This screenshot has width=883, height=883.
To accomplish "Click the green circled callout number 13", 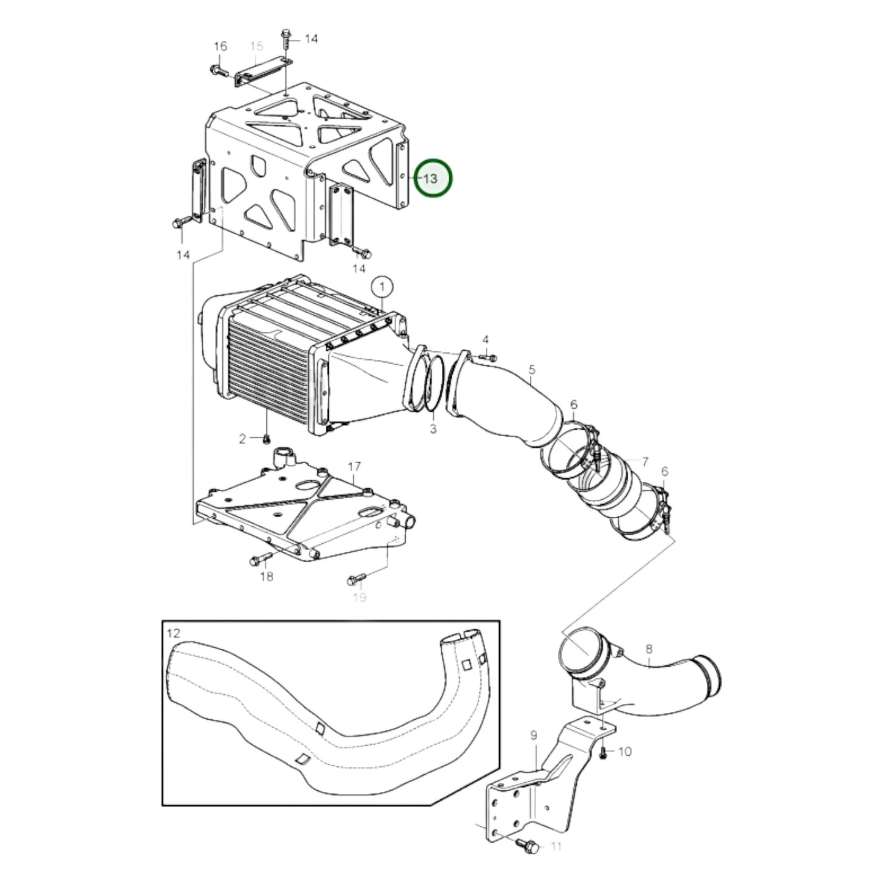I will pyautogui.click(x=433, y=178).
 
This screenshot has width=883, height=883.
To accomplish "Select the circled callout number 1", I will pyautogui.click(x=382, y=286).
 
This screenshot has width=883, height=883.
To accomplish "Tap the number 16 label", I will pyautogui.click(x=220, y=46).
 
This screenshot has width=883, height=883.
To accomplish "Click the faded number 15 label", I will pyautogui.click(x=256, y=46).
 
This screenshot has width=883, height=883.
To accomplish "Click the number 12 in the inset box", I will pyautogui.click(x=174, y=633).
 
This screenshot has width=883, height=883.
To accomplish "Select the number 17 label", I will pyautogui.click(x=354, y=467).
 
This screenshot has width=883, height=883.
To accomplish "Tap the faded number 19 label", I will pyautogui.click(x=359, y=597).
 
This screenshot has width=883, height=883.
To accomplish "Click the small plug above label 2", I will pyautogui.click(x=266, y=438).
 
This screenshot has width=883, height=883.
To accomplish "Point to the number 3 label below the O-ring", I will pyautogui.click(x=433, y=429).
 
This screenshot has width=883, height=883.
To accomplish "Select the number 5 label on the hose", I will pyautogui.click(x=532, y=370).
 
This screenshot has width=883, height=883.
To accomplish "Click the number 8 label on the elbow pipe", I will pyautogui.click(x=648, y=650).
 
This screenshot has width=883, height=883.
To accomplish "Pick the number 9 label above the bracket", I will pyautogui.click(x=533, y=735).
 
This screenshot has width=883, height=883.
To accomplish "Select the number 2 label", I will pyautogui.click(x=242, y=439).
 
